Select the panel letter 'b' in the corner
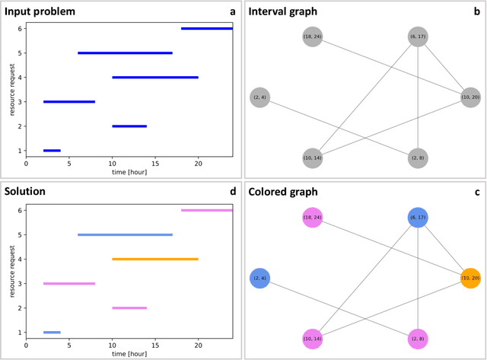476,11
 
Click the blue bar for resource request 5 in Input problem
125,53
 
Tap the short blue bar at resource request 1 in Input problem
52,151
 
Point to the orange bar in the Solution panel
155,260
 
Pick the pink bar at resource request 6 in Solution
206,210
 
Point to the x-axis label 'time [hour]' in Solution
129,354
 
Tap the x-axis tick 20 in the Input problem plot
198,163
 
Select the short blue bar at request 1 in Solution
52,333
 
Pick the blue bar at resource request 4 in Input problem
155,78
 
